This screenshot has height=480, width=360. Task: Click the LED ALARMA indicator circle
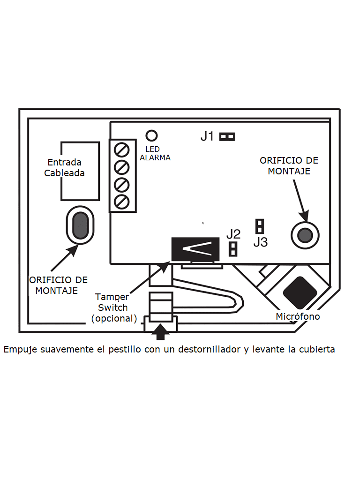pos(151,136)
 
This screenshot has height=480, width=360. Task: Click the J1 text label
pos(207,136)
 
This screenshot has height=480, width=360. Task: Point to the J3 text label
pos(260,242)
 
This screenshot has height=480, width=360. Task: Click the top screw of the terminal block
pos(122,150)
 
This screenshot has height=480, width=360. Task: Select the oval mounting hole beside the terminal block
pos(80,225)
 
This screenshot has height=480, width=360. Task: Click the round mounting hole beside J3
pos(305,234)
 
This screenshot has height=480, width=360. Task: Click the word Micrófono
pos(298,317)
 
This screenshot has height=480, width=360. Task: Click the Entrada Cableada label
pos(65,167)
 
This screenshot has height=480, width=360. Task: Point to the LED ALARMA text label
pos(155,154)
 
